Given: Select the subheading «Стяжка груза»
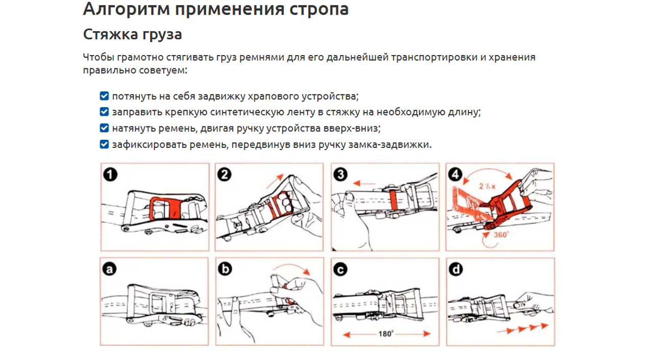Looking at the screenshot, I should [132, 35].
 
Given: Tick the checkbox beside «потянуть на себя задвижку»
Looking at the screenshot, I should [104, 96].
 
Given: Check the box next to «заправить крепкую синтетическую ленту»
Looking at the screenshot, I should [104, 112].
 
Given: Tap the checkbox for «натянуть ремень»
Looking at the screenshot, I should [104, 128].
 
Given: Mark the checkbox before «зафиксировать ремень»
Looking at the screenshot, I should [104, 144].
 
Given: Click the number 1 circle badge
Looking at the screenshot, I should [110, 175].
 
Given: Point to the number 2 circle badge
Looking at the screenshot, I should [224, 175].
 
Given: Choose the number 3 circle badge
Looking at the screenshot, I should [340, 175].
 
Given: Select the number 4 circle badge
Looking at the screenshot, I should [455, 175].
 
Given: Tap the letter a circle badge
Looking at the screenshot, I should [110, 269].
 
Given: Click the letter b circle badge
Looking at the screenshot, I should [224, 269].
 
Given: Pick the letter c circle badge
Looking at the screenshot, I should [340, 269].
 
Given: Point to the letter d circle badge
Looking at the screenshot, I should [455, 269].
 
